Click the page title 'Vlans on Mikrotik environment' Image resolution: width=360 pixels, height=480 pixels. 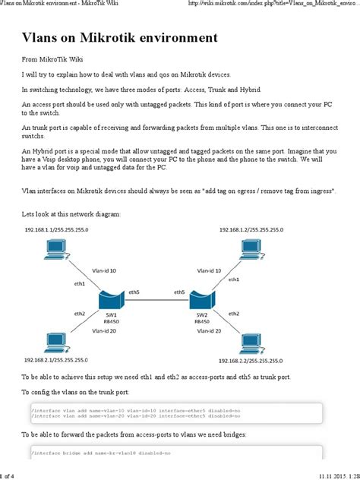[119, 37]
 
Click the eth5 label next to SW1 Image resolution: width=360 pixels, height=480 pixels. [134, 292]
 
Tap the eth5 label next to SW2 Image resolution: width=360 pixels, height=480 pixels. [179, 292]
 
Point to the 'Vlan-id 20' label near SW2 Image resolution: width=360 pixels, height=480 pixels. [208, 331]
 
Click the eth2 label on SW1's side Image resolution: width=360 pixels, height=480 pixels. [80, 313]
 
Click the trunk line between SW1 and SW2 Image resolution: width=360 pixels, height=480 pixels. [156, 301]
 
